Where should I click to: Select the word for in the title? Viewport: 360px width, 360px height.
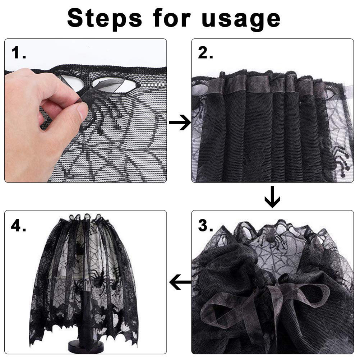coord(172,18)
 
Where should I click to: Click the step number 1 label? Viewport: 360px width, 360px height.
coord(18,52)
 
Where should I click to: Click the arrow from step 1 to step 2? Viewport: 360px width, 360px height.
coord(180,123)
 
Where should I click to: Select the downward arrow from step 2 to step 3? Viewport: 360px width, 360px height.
coord(272,197)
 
